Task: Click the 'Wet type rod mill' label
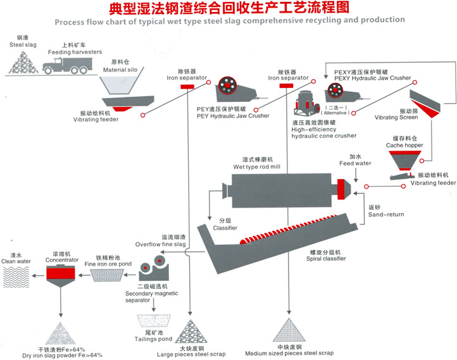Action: coord(256,166)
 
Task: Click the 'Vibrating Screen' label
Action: coord(396,117)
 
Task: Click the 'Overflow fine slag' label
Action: coord(160,244)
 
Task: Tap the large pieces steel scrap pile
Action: coord(191,329)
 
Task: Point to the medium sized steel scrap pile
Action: coord(290,329)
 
